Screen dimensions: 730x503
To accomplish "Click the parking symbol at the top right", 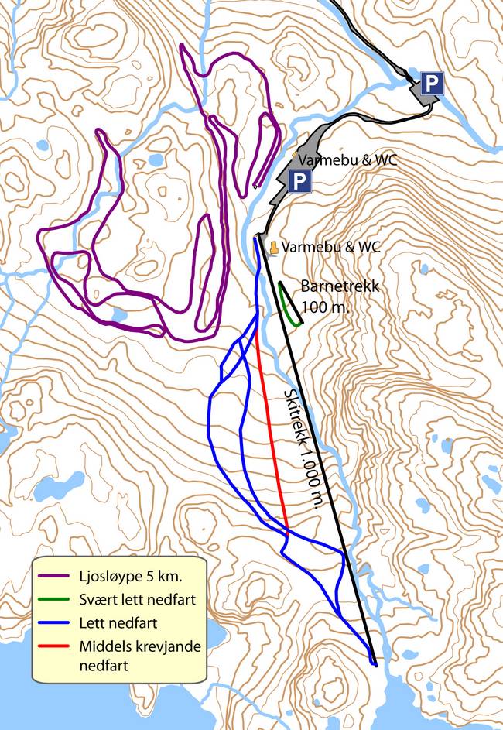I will coord(432,84).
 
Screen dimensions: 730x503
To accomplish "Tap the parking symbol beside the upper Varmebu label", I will coord(299,182).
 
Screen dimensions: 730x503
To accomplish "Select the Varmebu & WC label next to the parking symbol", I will coord(347,160).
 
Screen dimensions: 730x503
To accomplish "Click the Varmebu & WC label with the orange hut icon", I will coord(331,248).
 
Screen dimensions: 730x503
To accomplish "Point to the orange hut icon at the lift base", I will coord(273,247).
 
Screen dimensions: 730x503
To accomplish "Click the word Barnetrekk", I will coord(340,286).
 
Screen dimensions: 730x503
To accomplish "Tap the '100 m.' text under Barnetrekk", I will coord(326,306).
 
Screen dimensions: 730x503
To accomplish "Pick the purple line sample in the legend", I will coord(56,577).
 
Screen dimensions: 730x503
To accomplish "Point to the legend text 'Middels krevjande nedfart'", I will coord(139,655).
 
